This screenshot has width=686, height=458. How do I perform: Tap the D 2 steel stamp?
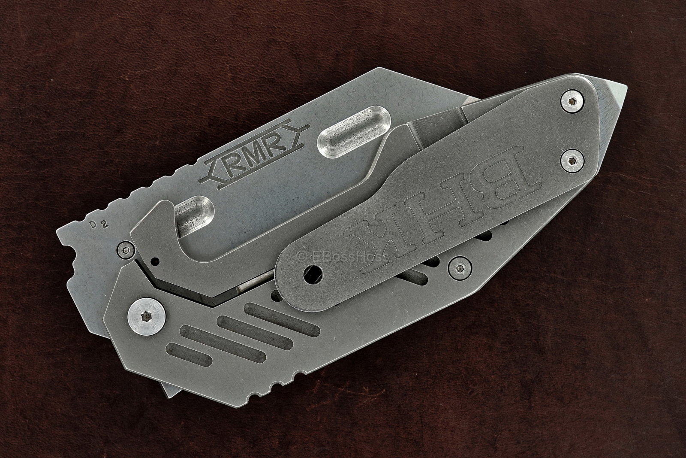coord(95,224)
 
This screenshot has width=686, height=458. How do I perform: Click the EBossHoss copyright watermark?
coord(343,257)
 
